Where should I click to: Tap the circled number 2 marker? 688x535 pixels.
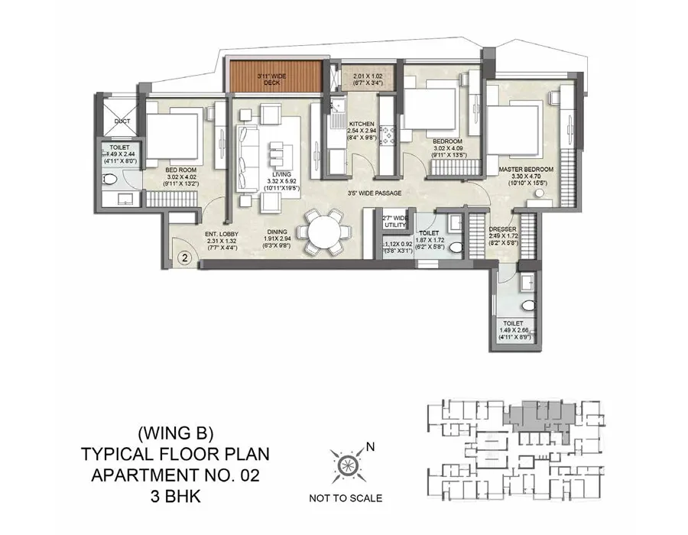coord(184,258)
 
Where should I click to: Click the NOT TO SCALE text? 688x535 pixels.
coord(346,498)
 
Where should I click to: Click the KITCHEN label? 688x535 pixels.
coord(361,124)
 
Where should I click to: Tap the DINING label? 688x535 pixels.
coord(277,235)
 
